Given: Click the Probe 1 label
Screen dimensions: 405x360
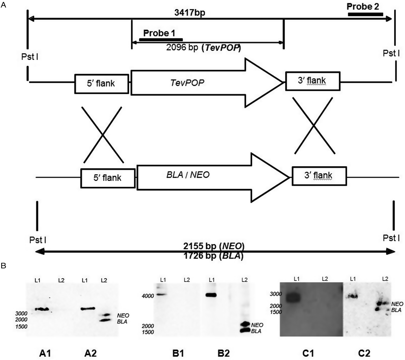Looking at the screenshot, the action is (159, 33).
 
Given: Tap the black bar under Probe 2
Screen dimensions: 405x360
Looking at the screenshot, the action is (365, 14).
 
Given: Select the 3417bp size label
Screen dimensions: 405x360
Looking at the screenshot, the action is (190, 13).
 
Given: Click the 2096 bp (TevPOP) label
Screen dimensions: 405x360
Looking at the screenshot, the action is (203, 47).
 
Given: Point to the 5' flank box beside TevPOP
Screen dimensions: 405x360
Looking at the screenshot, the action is (102, 84).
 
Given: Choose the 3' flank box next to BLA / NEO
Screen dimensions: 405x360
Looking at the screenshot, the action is (319, 176).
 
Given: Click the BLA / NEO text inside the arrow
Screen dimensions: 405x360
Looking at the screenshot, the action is (188, 175).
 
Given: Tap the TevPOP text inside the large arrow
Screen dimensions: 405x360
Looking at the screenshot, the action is (187, 83).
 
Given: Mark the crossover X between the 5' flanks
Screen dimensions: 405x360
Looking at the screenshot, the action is (103, 135).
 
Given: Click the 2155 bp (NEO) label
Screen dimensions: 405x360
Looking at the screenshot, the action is (214, 246).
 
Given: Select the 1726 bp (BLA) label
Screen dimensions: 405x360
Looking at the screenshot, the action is (213, 256).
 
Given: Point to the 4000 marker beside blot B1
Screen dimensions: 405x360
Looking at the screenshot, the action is (148, 296).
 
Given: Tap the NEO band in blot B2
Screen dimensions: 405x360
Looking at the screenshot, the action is (244, 324).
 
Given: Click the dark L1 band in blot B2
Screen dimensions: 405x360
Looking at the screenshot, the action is (211, 295).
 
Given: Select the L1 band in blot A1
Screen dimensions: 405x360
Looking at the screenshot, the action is (42, 309).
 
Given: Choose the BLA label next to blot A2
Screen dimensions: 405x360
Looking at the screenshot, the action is (122, 322).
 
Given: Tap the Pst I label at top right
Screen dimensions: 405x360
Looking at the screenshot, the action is (391, 53).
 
